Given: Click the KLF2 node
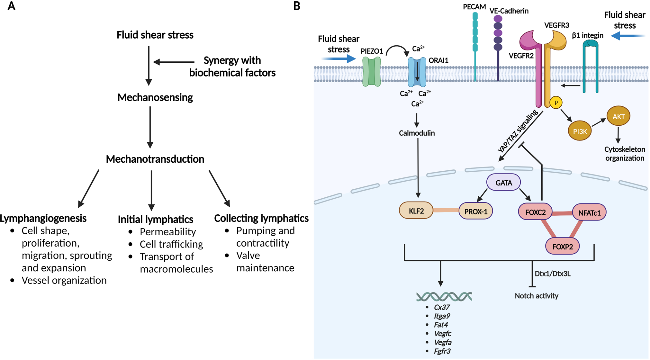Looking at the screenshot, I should tap(416, 211).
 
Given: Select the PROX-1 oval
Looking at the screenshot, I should tap(475, 212).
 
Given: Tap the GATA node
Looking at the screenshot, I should tap(503, 183).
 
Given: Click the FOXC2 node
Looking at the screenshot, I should tap(535, 212).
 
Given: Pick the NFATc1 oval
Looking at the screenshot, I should tap(589, 212).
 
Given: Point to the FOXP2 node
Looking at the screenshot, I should tap(562, 247).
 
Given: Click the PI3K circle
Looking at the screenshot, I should tap(580, 131).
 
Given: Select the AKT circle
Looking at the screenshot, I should tap(618, 116).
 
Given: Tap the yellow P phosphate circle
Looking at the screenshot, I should tap(556, 103).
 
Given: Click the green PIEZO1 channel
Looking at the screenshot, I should tap(371, 72).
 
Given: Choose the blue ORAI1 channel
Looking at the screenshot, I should tap(417, 72).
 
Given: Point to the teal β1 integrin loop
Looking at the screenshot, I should tap(591, 66).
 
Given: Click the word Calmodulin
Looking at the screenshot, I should tap(417, 133).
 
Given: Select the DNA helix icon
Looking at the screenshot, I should tap(444, 296).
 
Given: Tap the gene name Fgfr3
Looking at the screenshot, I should tap(442, 351).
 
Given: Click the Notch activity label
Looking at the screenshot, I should tap(536, 296).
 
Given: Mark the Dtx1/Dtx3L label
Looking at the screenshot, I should tap(552, 274).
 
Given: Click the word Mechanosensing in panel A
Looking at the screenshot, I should tap(155, 97).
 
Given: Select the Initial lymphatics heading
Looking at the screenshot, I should tap(155, 219).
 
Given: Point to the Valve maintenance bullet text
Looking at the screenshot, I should tap(265, 262).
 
